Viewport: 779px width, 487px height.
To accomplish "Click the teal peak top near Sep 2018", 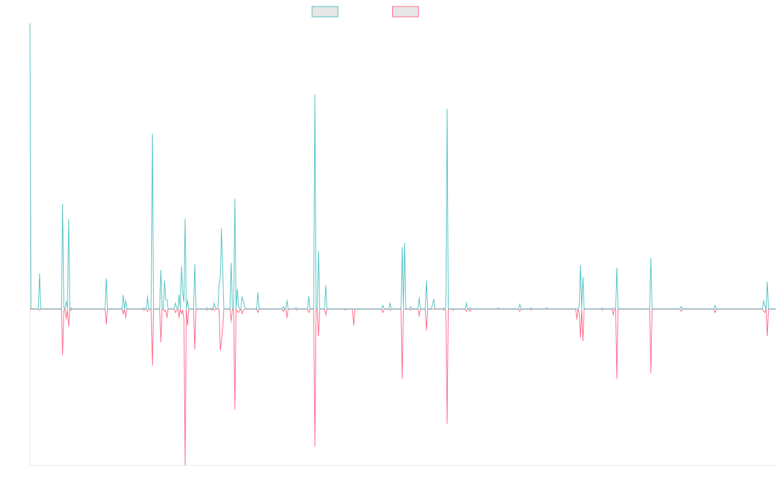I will pyautogui.click(x=315, y=95).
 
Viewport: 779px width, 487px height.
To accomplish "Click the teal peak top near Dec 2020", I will pyautogui.click(x=447, y=109).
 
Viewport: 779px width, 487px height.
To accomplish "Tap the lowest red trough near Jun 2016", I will pyautogui.click(x=185, y=464).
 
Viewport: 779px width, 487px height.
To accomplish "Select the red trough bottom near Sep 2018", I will pyautogui.click(x=315, y=446).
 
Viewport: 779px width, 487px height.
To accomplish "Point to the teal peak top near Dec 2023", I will pyautogui.click(x=650, y=258).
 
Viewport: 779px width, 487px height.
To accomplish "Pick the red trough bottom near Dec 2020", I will pyautogui.click(x=447, y=423).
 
